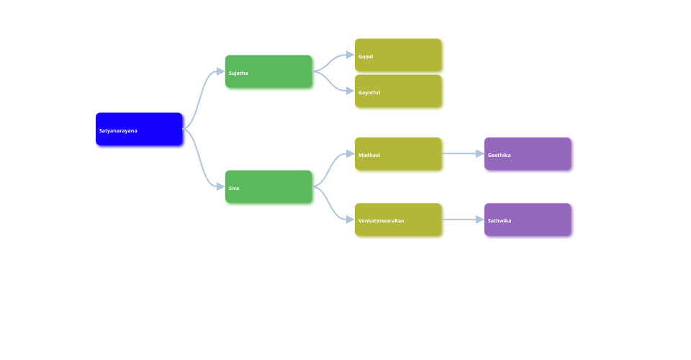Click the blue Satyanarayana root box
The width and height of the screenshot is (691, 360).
[139, 129]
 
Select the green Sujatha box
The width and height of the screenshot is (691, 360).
[268, 71]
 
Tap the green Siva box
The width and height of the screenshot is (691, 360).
[268, 186]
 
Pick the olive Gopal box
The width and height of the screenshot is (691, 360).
[398, 55]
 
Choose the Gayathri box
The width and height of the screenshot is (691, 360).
[398, 91]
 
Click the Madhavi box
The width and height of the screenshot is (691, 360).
[398, 153]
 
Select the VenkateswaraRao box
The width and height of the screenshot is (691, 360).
[398, 220]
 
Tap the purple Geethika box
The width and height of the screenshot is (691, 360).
[528, 153]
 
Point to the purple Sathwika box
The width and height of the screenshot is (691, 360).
[528, 220]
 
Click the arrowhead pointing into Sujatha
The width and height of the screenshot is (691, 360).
[220, 71]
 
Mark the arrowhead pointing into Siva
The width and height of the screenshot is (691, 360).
[220, 186]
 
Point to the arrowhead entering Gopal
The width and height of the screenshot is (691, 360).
[350, 55]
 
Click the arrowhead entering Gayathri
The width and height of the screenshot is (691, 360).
[350, 91]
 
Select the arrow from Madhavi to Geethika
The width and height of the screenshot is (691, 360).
[461, 153]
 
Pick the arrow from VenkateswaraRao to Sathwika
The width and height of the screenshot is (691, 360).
[461, 220]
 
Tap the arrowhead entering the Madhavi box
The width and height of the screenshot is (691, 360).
[350, 153]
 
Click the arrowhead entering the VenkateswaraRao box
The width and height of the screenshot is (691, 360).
[350, 220]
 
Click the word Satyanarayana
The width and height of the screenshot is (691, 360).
[118, 130]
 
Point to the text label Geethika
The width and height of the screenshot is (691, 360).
[500, 155]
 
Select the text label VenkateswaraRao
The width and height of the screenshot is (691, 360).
[381, 220]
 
